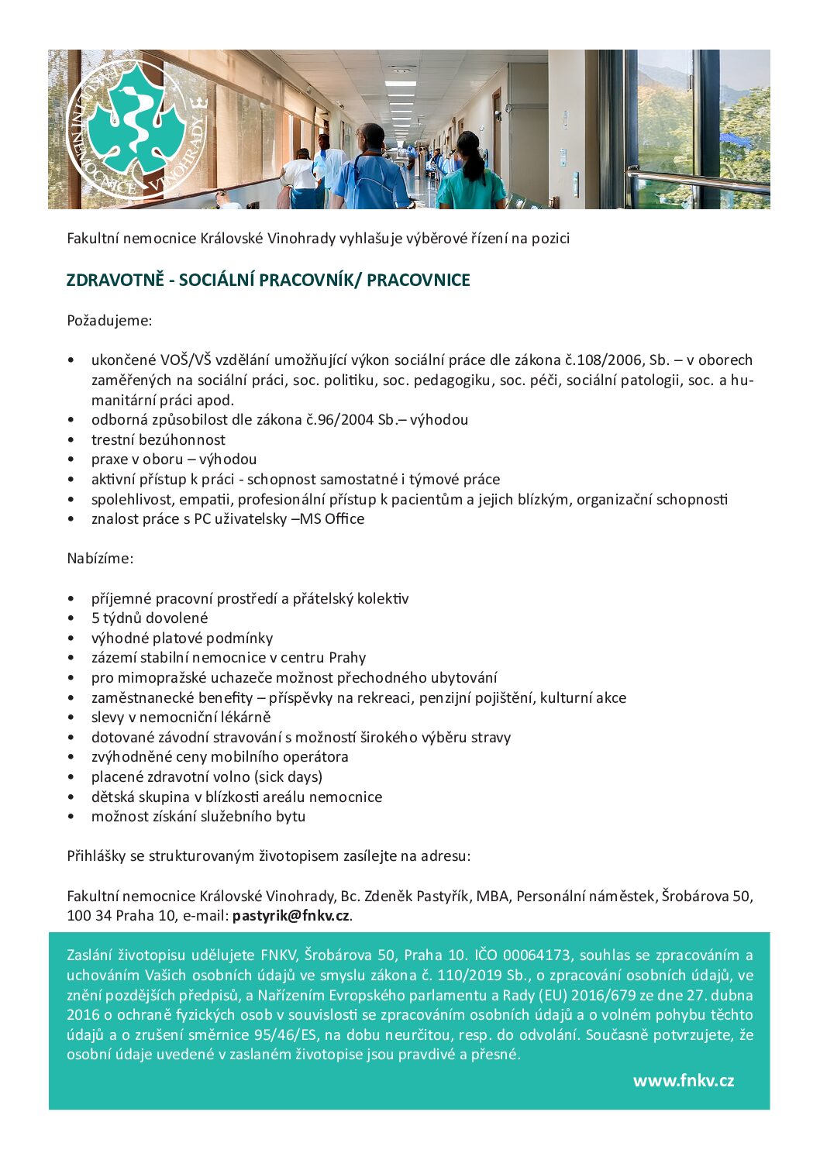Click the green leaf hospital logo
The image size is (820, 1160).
pos(136,129)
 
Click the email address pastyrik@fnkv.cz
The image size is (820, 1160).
pos(291,916)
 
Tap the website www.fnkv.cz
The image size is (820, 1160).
pos(683,1081)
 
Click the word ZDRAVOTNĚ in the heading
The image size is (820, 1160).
pos(115,281)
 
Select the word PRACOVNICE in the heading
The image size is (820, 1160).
pos(418,281)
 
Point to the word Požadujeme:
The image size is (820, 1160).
pos(109,320)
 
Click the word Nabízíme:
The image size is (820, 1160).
pos(100,559)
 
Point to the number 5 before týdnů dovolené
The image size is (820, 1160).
pos(95,618)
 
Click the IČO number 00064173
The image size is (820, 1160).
pos(536,955)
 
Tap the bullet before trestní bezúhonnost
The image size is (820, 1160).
pos(71,440)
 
